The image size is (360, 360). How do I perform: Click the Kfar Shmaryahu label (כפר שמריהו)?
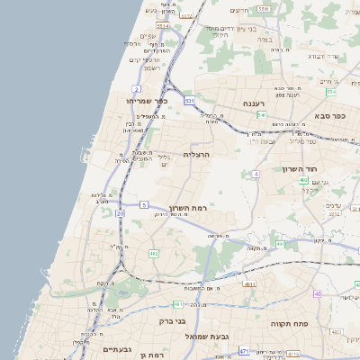(x=144, y=101)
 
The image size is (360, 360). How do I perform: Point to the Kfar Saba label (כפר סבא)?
(x=330, y=116)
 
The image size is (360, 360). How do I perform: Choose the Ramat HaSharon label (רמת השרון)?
(x=188, y=208)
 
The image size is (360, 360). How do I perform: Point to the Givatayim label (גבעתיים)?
(x=118, y=349)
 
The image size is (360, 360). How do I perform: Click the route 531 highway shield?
(x=190, y=102)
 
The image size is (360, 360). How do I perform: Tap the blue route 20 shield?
(x=120, y=213)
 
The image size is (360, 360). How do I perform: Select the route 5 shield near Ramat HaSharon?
(x=144, y=205)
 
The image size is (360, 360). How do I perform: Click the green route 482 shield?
(x=154, y=254)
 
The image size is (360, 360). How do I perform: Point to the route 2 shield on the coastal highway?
(x=136, y=88)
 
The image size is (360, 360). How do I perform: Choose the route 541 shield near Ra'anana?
(x=261, y=115)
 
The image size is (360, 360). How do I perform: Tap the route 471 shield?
(x=244, y=350)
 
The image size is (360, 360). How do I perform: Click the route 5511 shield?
(x=263, y=8)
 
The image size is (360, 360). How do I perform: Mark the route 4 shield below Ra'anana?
(x=256, y=173)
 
